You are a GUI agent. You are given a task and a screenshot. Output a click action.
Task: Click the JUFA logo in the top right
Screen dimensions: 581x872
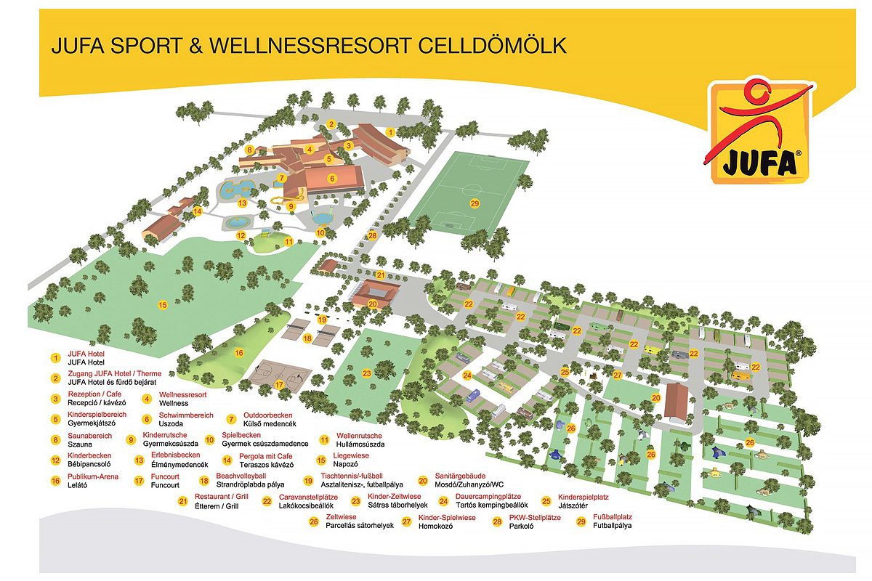pos(759,132)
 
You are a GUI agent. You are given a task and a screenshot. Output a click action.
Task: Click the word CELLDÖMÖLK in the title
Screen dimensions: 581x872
pos(492,46)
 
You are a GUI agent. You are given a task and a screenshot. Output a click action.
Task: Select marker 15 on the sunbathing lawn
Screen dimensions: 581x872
pos(163,305)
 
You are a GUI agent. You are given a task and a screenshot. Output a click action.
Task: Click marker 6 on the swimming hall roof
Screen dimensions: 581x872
pos(332,178)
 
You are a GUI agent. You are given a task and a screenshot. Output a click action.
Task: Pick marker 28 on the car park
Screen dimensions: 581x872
pos(373,235)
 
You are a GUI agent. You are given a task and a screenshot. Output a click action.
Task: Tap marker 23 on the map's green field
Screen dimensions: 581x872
pos(367,373)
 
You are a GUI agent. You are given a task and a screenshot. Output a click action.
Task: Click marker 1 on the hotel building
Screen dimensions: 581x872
pos(390,132)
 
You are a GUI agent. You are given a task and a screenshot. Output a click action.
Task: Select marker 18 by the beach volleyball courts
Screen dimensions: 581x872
pos(307,338)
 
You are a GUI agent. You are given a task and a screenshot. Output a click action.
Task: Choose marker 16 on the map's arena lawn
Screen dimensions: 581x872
pos(238,352)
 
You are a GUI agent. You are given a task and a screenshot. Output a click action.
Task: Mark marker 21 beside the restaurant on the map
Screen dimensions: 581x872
pos(381,275)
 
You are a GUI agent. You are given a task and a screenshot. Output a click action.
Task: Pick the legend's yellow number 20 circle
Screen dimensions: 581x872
pos(422,480)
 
